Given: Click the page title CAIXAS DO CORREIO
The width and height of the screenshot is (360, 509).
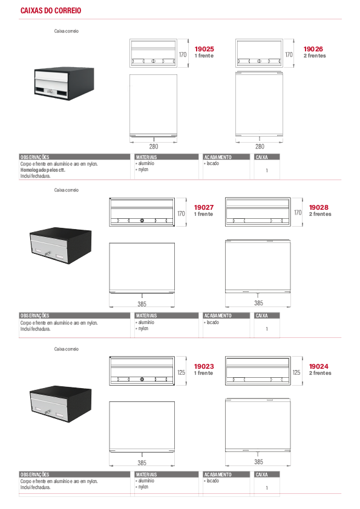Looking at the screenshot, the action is (x=51, y=11).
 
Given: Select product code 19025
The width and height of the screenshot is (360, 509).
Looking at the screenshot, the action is (x=204, y=49).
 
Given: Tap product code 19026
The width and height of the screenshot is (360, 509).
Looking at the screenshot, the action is (x=313, y=49).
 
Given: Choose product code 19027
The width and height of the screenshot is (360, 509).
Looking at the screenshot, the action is (x=204, y=207).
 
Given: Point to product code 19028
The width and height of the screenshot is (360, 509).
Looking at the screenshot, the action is (x=318, y=207).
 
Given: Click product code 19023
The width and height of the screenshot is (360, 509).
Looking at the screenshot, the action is (x=204, y=366).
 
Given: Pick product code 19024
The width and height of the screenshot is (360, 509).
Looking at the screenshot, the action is (x=318, y=366).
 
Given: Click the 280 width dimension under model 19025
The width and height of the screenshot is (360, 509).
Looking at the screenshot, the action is (x=154, y=146).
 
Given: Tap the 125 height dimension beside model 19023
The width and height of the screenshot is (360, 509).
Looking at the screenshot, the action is (x=182, y=372).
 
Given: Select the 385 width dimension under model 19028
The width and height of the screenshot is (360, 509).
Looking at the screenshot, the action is (x=258, y=303).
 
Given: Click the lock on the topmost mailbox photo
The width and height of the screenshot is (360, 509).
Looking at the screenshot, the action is (x=50, y=92).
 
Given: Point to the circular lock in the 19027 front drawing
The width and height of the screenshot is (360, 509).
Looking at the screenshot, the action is (x=142, y=221).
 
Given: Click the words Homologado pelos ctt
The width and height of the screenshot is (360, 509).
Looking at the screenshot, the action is (x=42, y=170).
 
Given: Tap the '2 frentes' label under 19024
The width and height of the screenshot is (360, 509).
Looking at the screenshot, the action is (x=320, y=373).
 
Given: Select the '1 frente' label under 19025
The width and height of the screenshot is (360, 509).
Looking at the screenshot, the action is (x=204, y=56).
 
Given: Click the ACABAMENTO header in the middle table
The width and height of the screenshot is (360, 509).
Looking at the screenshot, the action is (x=218, y=316).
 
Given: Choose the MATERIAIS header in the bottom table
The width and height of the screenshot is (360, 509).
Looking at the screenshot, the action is (x=146, y=475).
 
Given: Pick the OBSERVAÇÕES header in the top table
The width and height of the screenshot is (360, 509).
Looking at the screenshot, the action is (x=34, y=157).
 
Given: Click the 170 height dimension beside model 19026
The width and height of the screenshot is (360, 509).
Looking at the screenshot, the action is (x=289, y=54).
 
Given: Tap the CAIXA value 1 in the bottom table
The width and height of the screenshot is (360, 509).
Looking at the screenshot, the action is (x=267, y=488).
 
